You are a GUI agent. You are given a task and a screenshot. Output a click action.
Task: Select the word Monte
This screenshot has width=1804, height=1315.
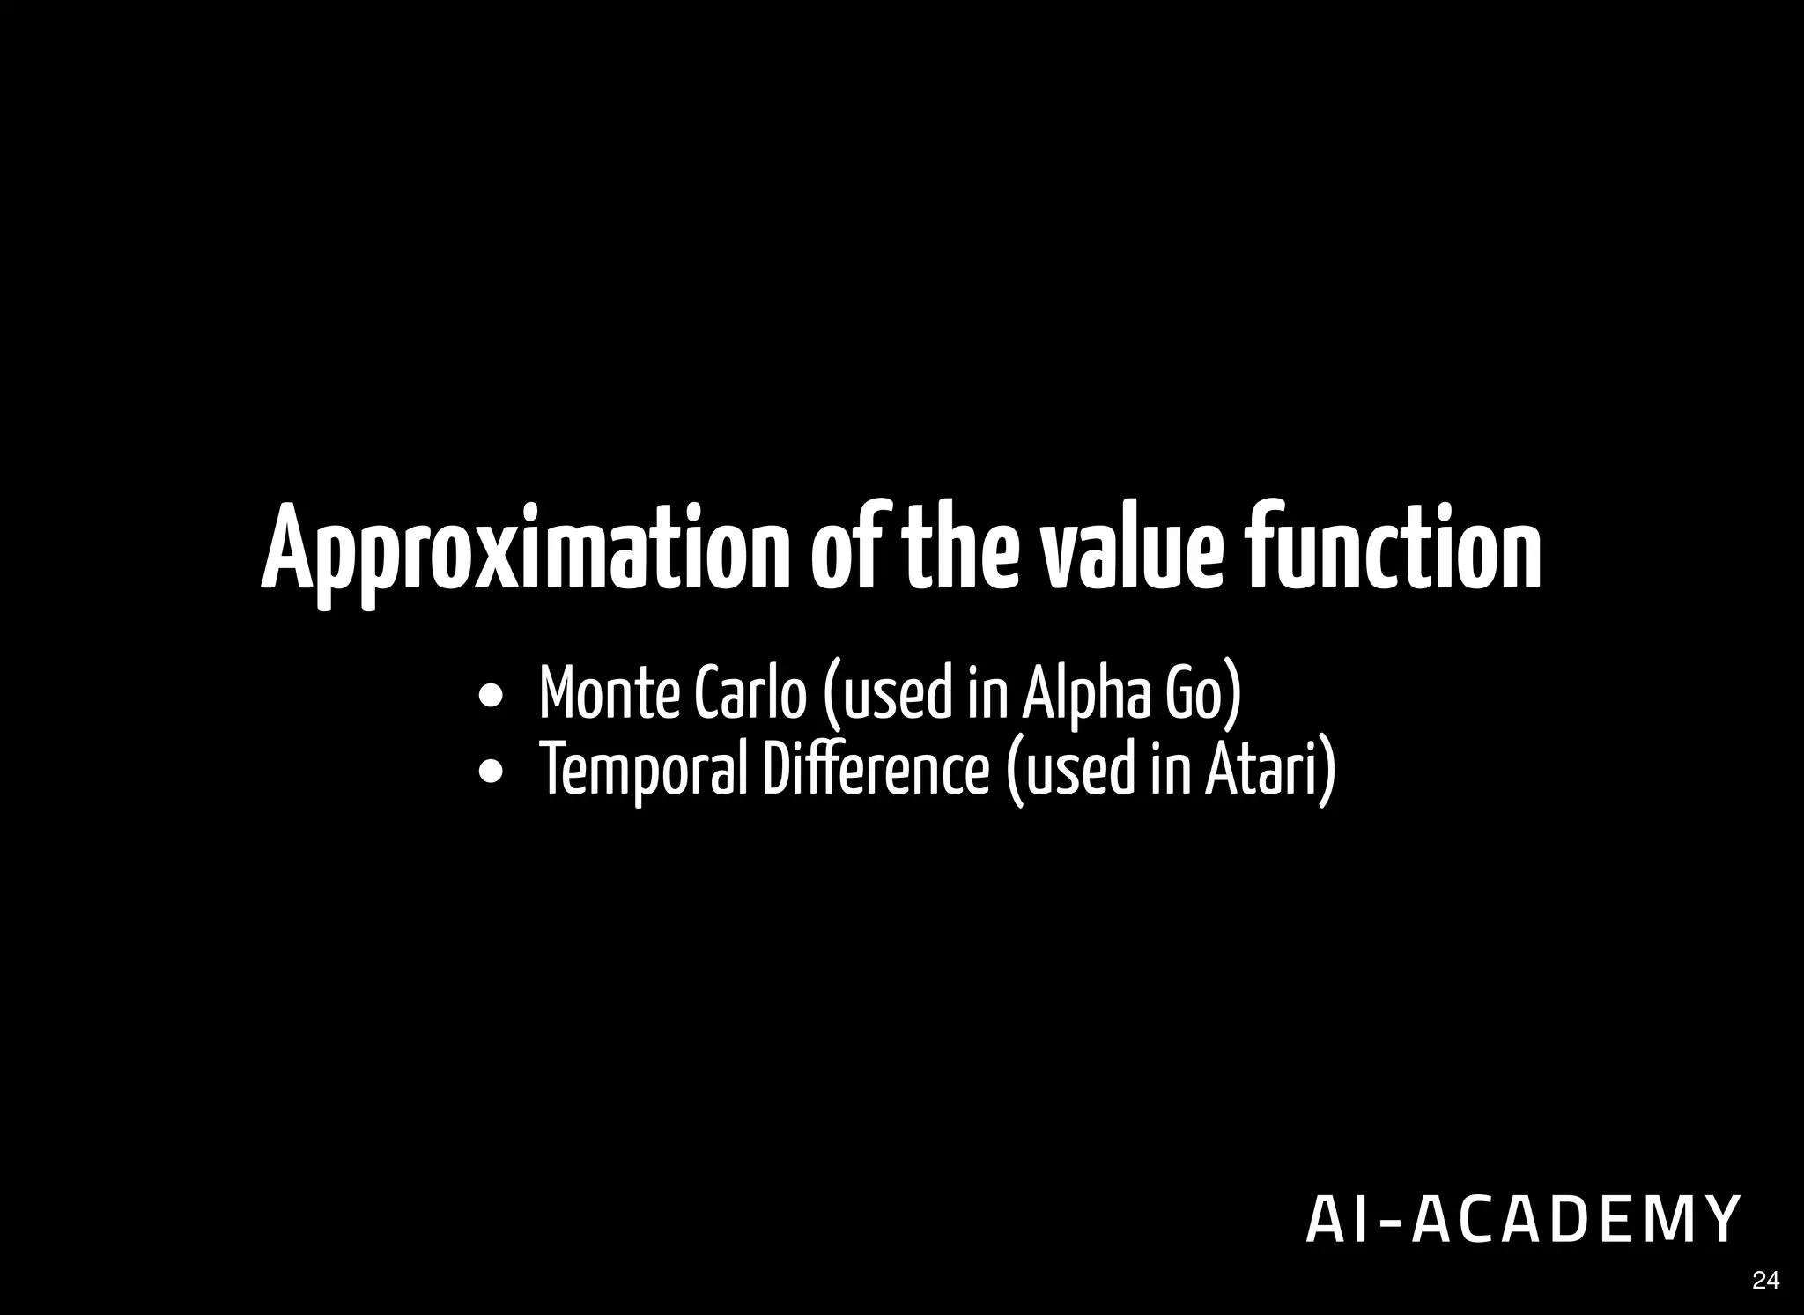609,694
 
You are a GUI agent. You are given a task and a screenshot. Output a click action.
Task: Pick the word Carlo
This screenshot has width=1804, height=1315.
750,694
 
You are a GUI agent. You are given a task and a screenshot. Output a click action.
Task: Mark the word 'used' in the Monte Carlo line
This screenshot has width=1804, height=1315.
891,694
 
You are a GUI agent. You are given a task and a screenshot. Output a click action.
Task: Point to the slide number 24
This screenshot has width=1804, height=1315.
1765,1281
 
